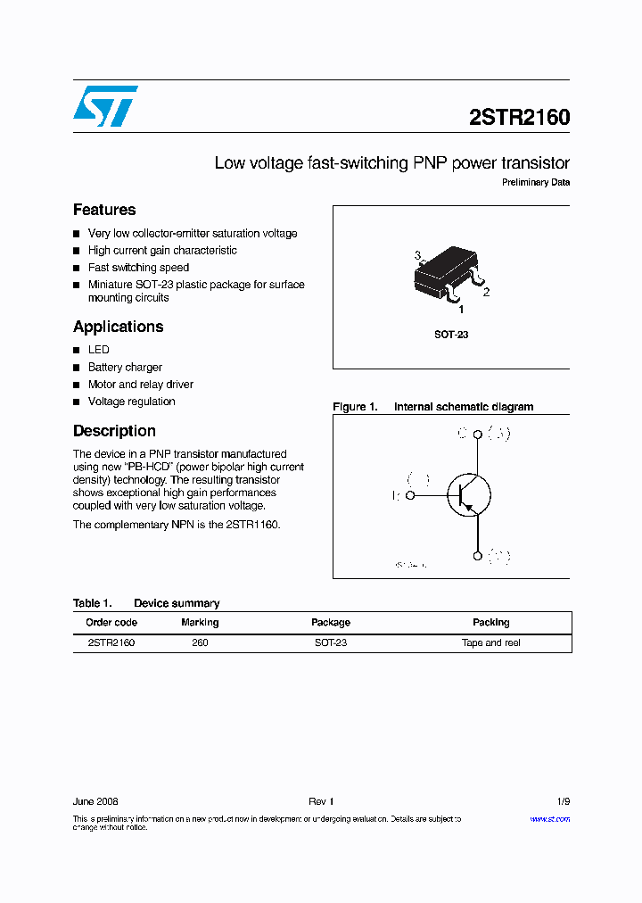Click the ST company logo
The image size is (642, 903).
click(x=105, y=106)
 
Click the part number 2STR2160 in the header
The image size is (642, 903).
click(x=519, y=118)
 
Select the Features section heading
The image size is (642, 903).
click(x=104, y=210)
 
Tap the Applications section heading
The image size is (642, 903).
click(x=118, y=327)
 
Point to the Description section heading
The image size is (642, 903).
click(x=114, y=431)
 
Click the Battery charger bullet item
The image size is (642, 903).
click(x=125, y=367)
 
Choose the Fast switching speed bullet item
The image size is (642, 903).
click(x=138, y=268)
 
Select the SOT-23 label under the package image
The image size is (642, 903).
click(x=451, y=335)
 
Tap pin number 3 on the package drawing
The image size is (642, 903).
click(x=417, y=256)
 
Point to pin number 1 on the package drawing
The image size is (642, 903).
click(x=461, y=310)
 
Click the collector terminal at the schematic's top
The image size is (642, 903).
click(x=478, y=435)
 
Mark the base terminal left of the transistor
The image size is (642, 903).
click(x=410, y=494)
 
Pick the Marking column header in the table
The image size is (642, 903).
click(x=200, y=622)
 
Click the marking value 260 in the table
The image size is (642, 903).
click(x=200, y=642)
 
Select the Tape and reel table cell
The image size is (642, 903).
click(x=490, y=642)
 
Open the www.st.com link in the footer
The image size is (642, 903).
click(x=549, y=818)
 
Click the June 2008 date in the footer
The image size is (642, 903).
click(x=95, y=801)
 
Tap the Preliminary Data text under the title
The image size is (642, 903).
click(x=536, y=183)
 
